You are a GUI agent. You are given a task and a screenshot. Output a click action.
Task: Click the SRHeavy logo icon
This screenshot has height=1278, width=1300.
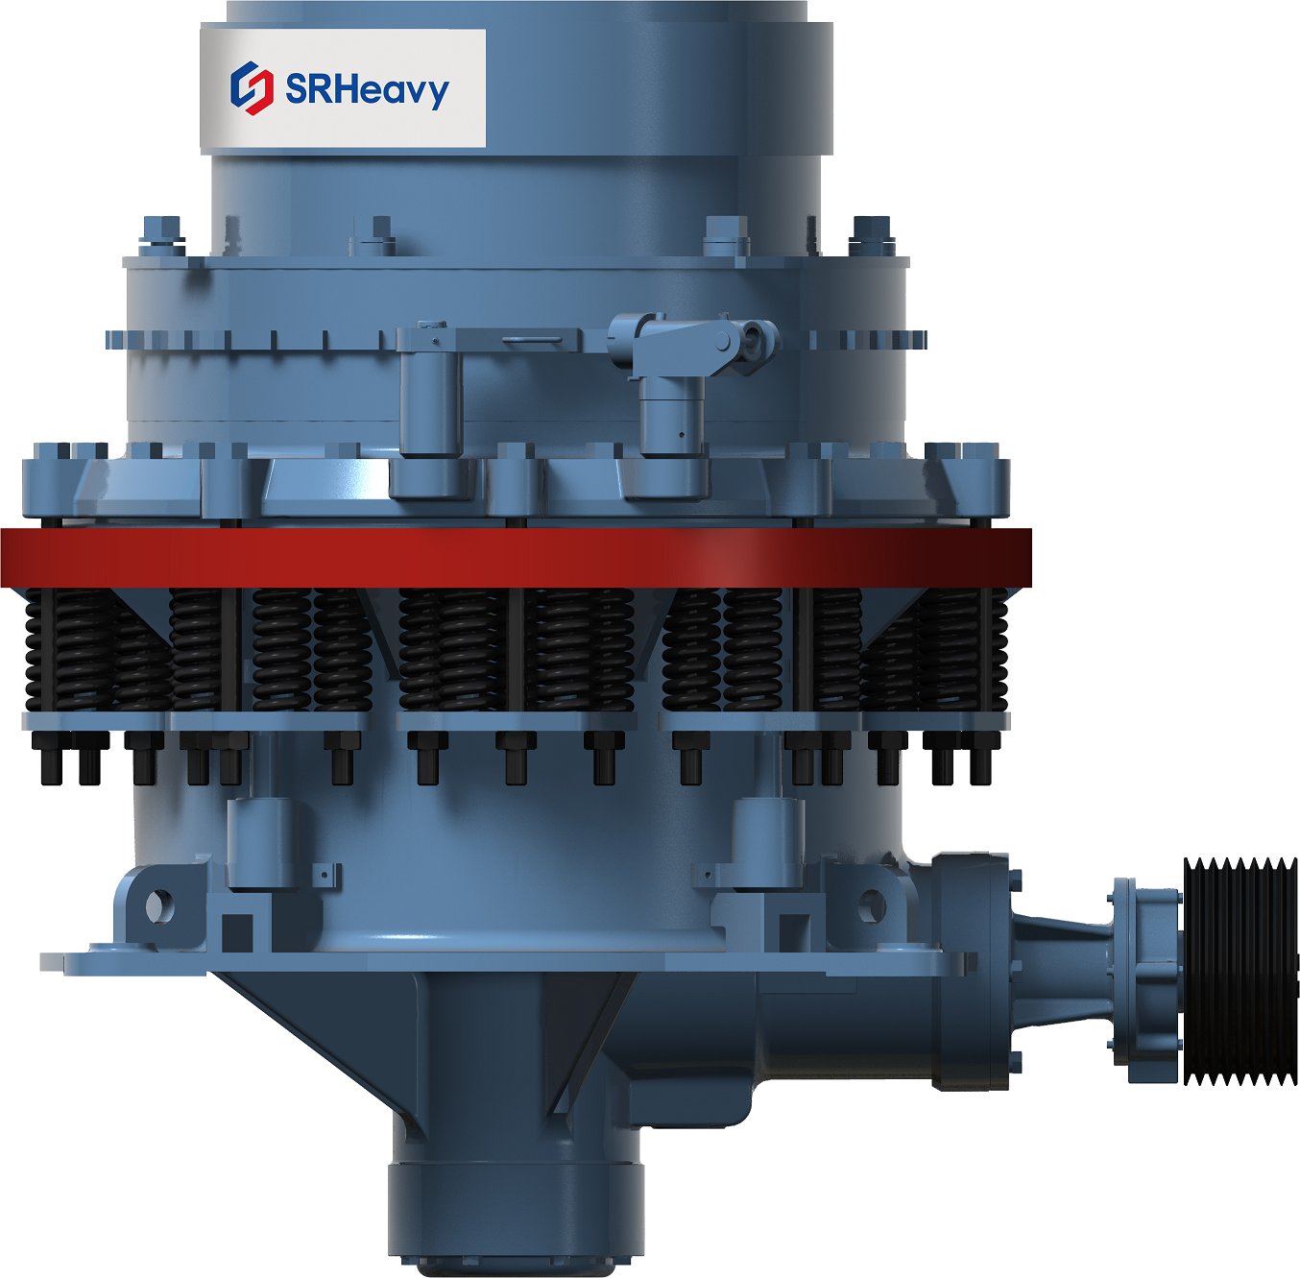coord(252,87)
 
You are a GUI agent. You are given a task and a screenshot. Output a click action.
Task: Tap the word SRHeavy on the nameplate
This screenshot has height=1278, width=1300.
coord(367,88)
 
